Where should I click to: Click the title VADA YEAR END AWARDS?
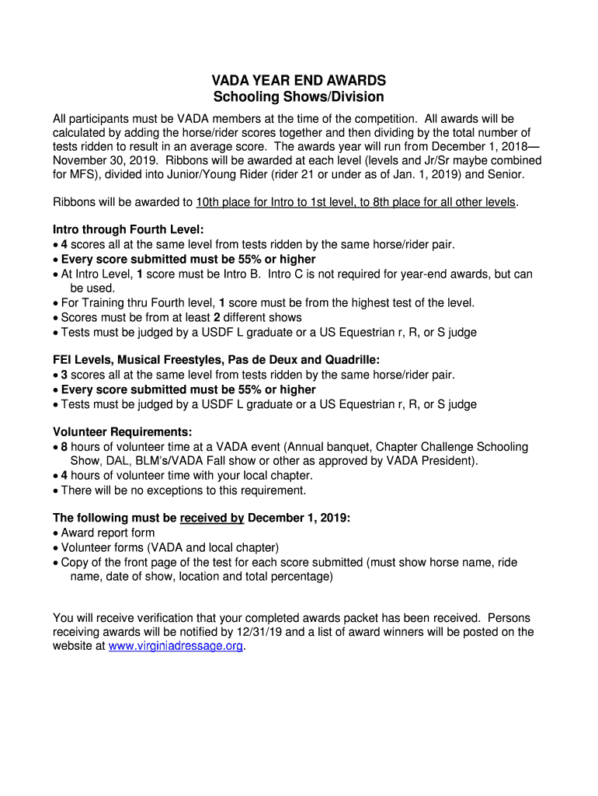pyautogui.click(x=299, y=81)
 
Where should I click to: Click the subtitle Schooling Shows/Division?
pyautogui.click(x=299, y=97)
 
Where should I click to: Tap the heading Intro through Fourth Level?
pyautogui.click(x=128, y=229)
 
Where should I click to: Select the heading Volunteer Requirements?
pyautogui.click(x=122, y=432)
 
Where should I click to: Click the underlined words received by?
pyautogui.click(x=212, y=518)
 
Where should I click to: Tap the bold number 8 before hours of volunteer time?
pyautogui.click(x=64, y=447)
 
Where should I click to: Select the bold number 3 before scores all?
pyautogui.click(x=64, y=375)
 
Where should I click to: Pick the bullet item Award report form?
pyautogui.click(x=107, y=532)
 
